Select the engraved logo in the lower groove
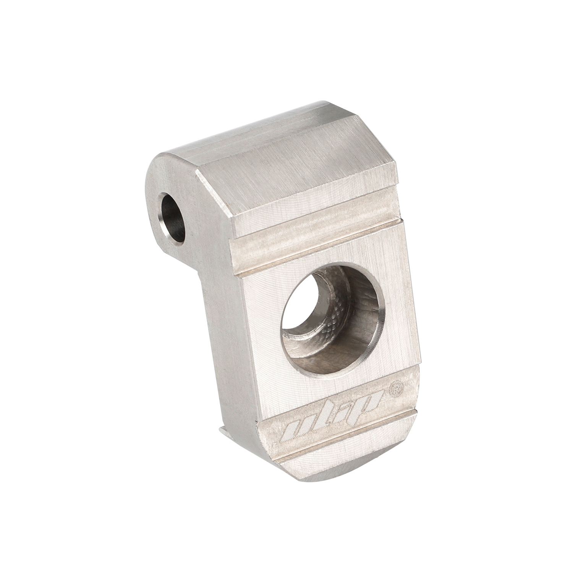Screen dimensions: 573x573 pyautogui.click(x=329, y=420)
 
